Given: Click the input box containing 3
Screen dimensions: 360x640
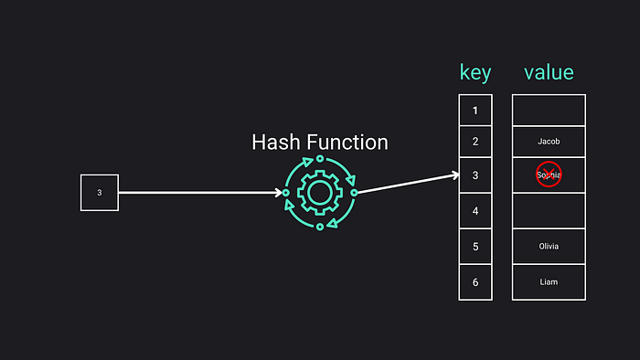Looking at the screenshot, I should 100,193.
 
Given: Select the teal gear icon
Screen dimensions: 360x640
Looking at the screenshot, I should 319,193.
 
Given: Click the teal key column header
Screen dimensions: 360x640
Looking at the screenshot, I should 475,73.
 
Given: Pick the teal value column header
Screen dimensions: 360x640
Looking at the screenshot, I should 549,73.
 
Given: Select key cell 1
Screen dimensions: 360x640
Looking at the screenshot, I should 475,111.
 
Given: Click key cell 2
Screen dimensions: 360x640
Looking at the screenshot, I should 475,142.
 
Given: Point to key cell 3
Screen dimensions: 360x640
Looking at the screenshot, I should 475,175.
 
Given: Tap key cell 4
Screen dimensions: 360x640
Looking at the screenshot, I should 475,211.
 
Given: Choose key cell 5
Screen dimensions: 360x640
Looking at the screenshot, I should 475,247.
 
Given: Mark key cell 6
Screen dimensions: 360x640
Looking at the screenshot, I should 475,281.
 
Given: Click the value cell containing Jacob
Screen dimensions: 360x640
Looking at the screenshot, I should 549,142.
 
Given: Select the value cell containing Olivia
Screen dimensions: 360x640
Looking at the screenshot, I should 549,247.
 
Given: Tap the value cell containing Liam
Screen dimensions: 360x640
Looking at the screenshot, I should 549,281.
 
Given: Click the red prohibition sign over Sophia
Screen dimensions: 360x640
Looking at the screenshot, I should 549,175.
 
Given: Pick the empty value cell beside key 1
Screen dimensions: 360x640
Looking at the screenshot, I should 549,111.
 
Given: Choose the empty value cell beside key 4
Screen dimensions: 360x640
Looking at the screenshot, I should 549,211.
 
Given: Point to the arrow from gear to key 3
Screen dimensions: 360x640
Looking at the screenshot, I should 407,183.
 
